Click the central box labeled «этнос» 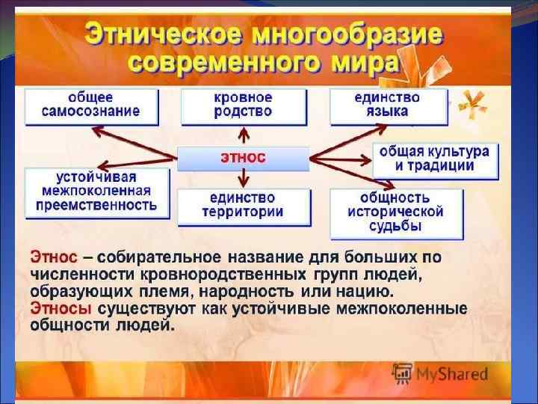coord(243,159)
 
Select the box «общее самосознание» coord(92,105)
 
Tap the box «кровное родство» coord(243,105)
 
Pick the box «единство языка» coord(388,105)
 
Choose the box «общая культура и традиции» coord(434,159)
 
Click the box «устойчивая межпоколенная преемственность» coord(96,192)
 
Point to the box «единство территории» coord(243,205)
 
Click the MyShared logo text coord(452,373)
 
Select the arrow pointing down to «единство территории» coord(242,178)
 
